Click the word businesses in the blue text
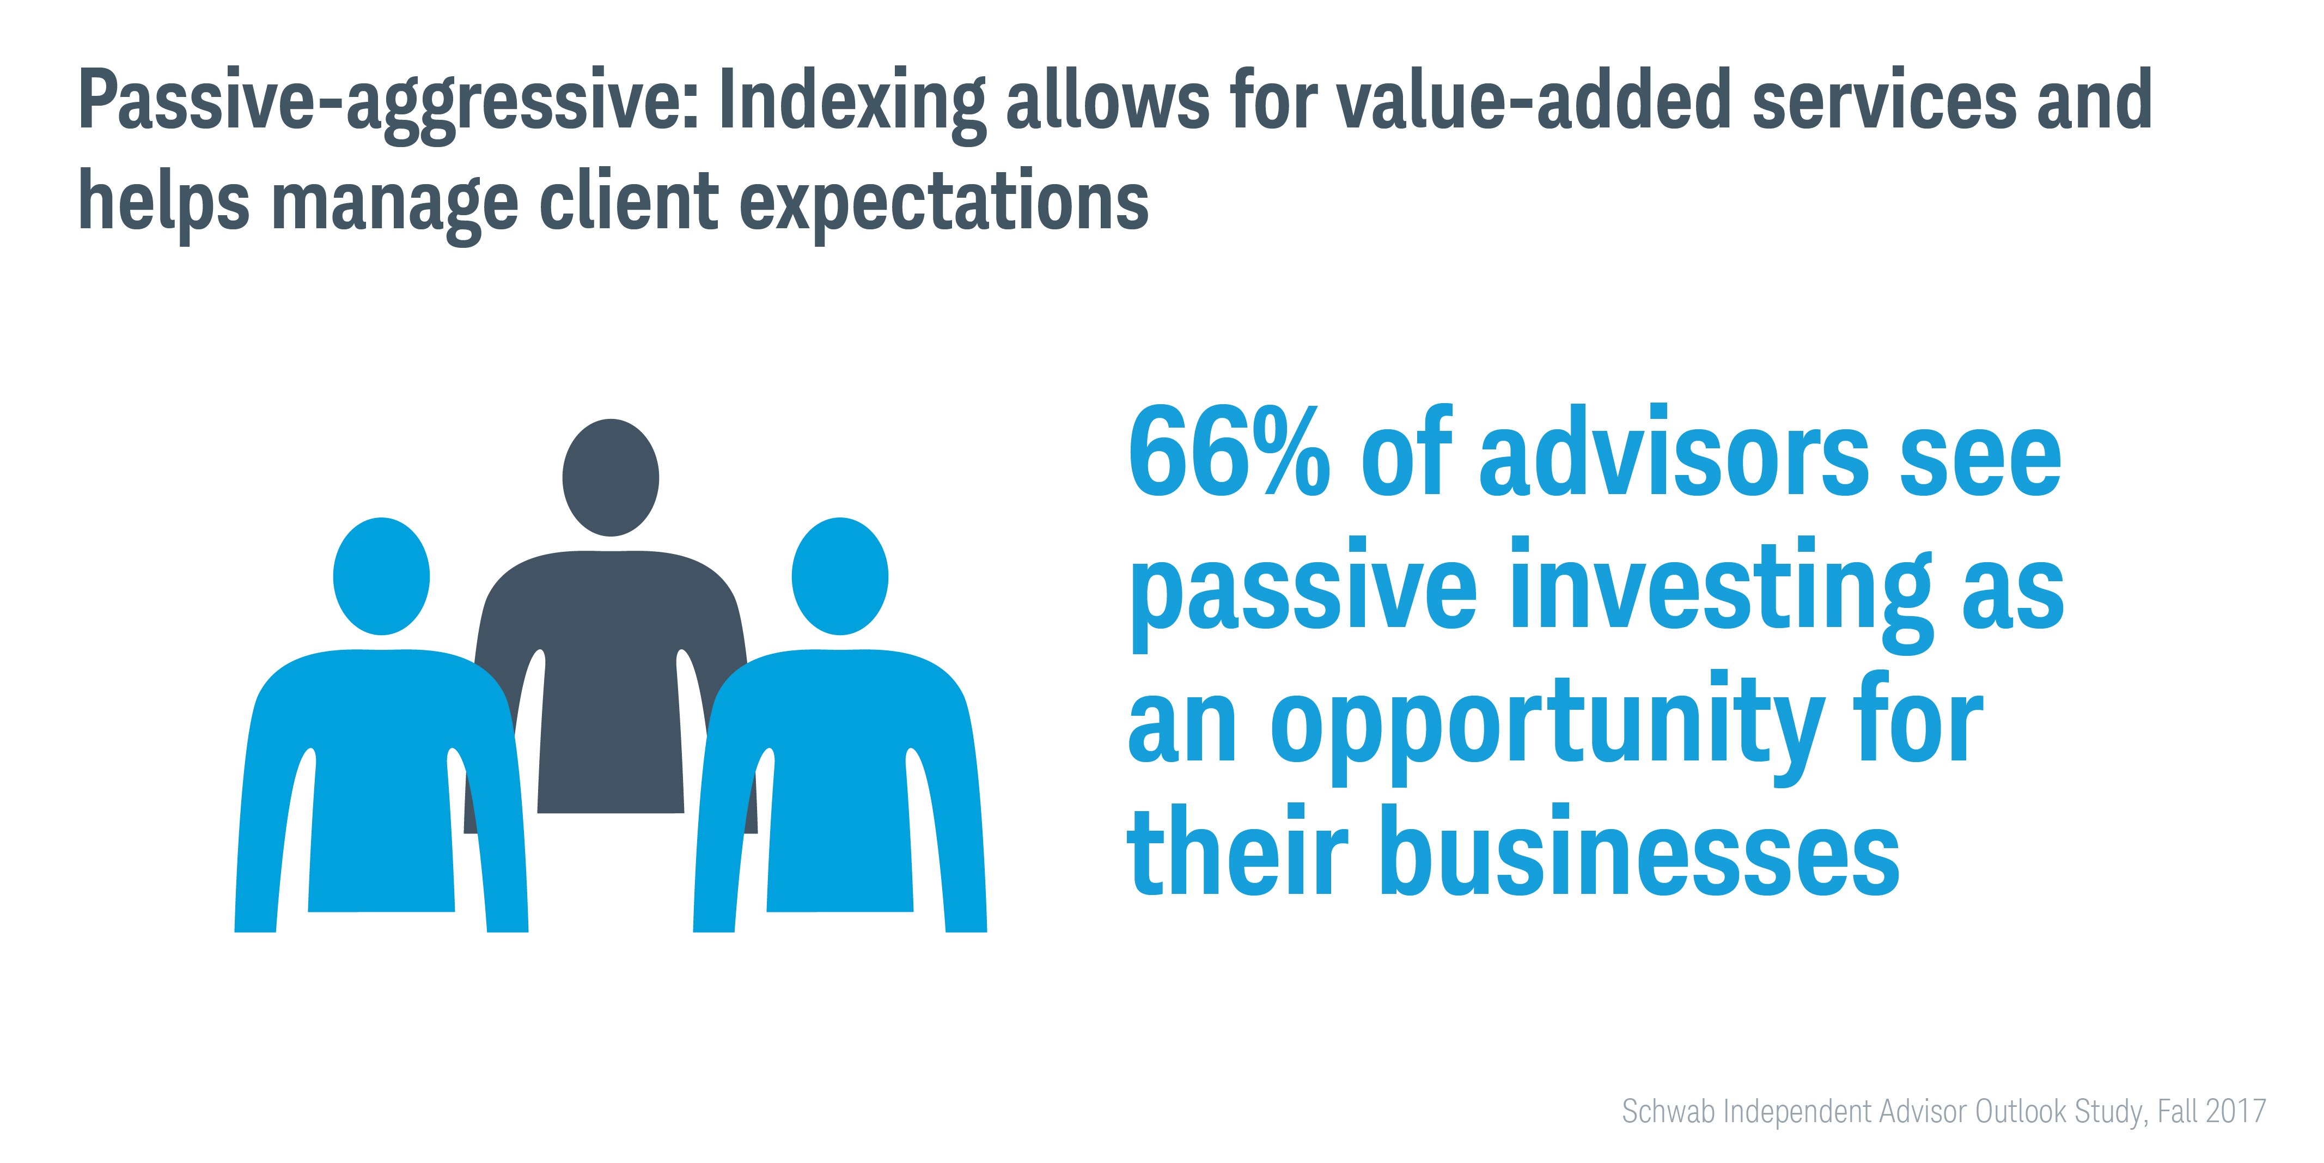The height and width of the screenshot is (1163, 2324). click(1640, 848)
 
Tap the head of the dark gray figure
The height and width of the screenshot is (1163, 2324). click(611, 477)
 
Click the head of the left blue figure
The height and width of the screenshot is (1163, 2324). click(382, 576)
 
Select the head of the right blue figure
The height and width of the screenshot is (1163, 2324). click(840, 576)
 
